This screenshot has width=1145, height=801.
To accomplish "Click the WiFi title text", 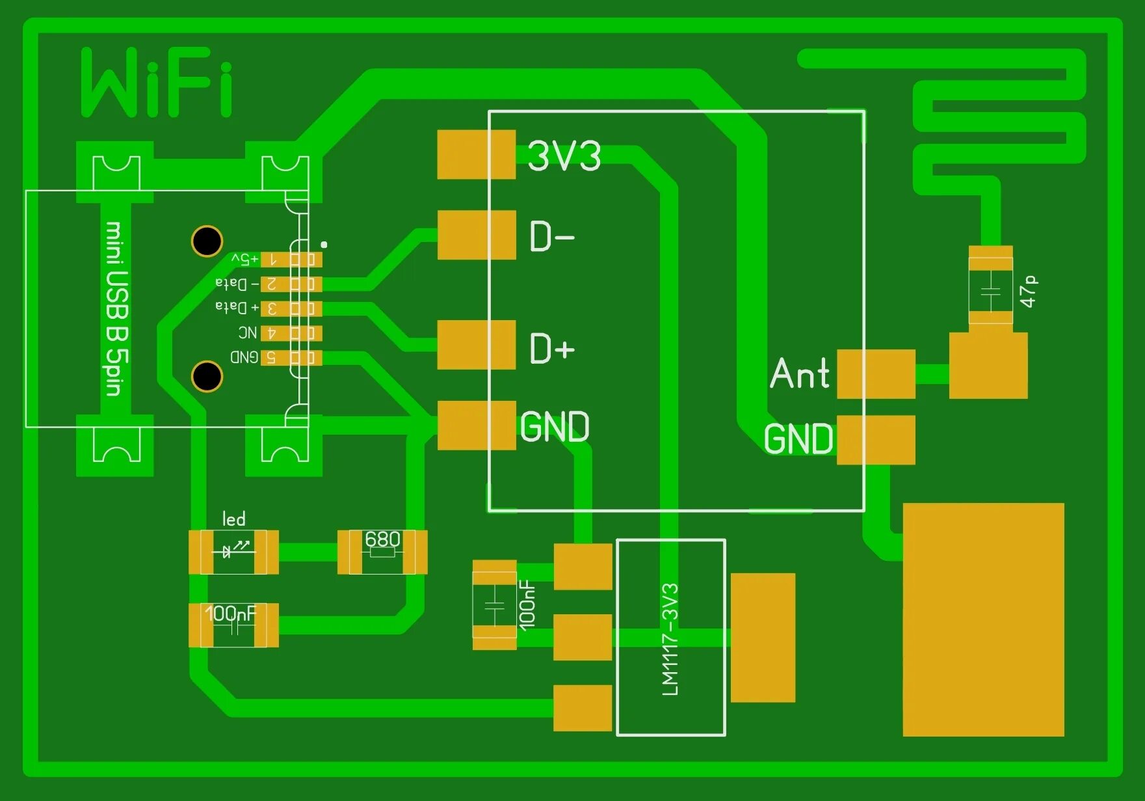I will tap(156, 83).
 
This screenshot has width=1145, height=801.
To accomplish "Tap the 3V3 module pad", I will tap(476, 155).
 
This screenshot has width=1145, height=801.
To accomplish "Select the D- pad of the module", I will tap(477, 235).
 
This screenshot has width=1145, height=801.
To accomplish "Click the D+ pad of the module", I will tap(477, 345).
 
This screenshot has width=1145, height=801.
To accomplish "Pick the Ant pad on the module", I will tap(876, 374).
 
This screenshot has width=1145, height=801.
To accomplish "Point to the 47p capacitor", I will tap(990, 287).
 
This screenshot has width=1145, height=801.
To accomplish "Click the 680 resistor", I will tap(382, 552).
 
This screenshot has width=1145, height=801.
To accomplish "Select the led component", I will tap(233, 552).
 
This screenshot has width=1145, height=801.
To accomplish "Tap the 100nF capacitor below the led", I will tap(233, 625).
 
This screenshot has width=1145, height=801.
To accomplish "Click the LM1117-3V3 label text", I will tap(670, 639).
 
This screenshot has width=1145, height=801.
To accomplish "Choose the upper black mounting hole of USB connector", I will tap(207, 241).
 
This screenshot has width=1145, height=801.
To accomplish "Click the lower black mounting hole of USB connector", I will tap(207, 376).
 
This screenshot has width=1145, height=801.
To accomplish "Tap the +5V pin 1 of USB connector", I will tap(291, 260).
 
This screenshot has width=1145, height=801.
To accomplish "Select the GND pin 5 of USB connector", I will tap(291, 357).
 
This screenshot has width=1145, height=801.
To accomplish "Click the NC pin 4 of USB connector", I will tap(291, 333).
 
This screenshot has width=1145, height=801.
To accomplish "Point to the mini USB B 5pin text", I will tap(117, 308).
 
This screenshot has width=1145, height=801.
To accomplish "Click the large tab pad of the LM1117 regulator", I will tap(763, 638).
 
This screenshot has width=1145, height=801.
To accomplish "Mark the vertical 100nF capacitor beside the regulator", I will tap(495, 605).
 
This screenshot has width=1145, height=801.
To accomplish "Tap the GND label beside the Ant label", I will tap(798, 439).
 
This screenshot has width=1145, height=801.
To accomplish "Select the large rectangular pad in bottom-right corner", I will tap(983, 619).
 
